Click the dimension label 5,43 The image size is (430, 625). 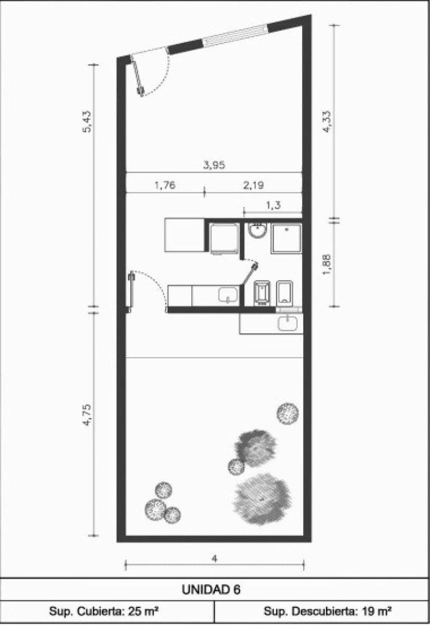[87, 122]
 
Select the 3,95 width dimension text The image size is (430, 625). [214, 166]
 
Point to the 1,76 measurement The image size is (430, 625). [165, 185]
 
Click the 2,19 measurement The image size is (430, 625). [253, 185]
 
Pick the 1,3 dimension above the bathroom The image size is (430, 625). [273, 206]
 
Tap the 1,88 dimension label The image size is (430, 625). [326, 264]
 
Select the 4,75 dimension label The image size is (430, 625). [87, 415]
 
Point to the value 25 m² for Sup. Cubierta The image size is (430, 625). [143, 611]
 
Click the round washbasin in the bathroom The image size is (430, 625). [257, 230]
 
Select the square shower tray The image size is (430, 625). [287, 238]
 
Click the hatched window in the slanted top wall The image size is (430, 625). [235, 35]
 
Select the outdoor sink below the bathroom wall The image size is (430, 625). [288, 323]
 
